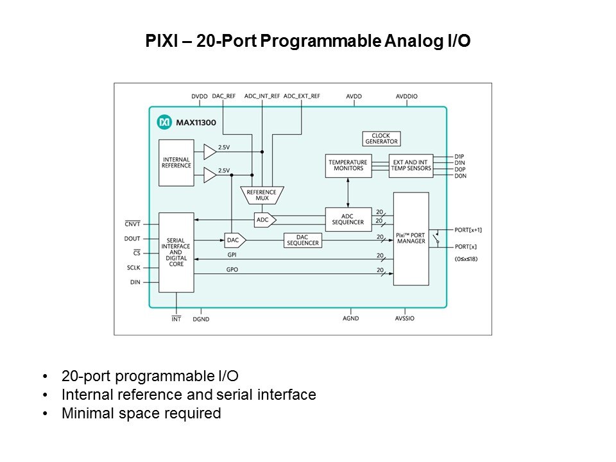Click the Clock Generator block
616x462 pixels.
[x=381, y=139]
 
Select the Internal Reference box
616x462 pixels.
[x=176, y=162]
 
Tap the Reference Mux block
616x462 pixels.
[x=261, y=194]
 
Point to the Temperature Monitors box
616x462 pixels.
[x=348, y=165]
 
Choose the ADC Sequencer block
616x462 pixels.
[x=348, y=219]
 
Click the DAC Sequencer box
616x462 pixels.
[x=302, y=240]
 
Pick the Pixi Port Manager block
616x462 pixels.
[x=411, y=238]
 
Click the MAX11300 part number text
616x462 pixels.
[x=193, y=121]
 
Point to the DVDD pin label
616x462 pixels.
[x=200, y=96]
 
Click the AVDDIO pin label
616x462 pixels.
[x=407, y=96]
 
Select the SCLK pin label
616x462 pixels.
[x=133, y=268]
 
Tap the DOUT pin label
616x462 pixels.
[x=133, y=239]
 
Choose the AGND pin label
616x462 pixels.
[x=350, y=319]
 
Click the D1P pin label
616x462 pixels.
[x=459, y=157]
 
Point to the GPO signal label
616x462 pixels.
[x=232, y=270]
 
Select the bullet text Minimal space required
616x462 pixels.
[x=141, y=413]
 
